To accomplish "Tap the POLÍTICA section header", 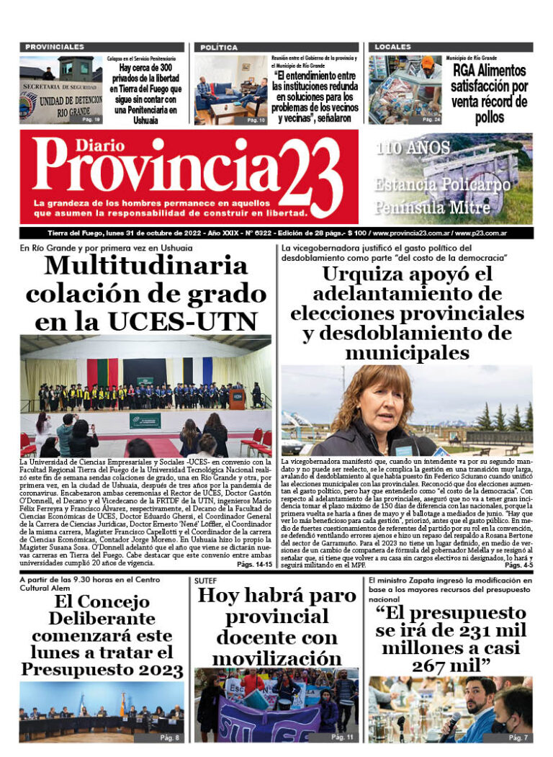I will [x=219, y=47].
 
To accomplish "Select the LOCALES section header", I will [x=392, y=47].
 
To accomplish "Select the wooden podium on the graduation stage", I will [x=237, y=398].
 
